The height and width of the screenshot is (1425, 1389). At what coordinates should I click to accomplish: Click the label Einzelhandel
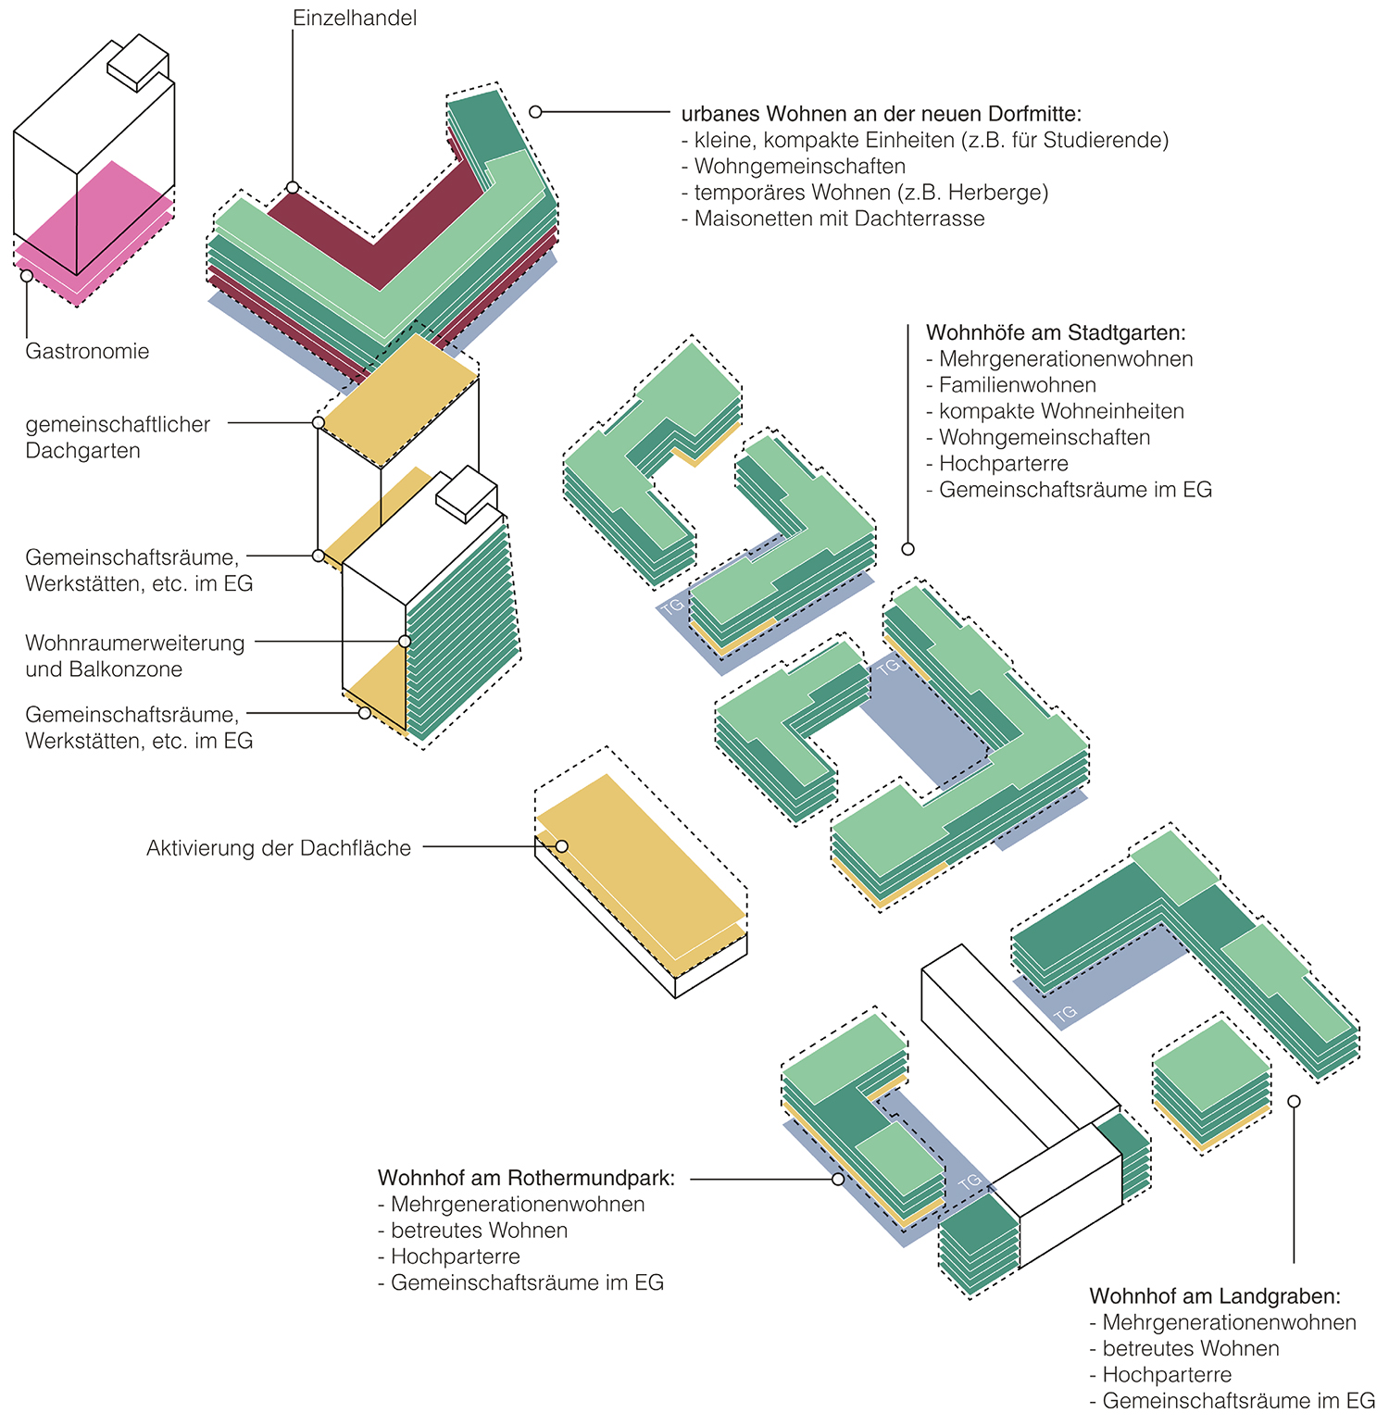(355, 19)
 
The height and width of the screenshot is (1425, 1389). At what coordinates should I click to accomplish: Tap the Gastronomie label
(87, 352)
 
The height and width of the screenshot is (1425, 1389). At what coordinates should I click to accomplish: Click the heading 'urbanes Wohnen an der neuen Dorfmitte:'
(881, 114)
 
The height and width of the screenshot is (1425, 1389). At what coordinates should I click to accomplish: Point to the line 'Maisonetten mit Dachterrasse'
(839, 219)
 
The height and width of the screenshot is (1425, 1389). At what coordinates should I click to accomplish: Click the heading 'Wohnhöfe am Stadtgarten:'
(1056, 332)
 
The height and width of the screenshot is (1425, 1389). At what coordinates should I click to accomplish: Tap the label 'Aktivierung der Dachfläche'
(279, 848)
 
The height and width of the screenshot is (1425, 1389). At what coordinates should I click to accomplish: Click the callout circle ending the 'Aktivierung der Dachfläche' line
(561, 846)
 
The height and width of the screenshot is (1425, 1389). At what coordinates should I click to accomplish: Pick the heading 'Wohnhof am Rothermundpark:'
(526, 1179)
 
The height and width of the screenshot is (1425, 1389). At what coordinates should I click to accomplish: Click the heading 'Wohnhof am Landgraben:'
(1215, 1296)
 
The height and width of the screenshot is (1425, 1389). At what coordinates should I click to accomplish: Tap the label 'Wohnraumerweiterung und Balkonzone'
(135, 656)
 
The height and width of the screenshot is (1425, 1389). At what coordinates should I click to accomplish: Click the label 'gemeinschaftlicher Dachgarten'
(118, 438)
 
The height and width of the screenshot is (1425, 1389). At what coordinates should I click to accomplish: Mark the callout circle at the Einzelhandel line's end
(293, 188)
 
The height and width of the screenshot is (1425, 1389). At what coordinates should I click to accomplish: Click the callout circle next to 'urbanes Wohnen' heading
(535, 112)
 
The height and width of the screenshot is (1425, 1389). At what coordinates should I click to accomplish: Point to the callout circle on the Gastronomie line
(27, 276)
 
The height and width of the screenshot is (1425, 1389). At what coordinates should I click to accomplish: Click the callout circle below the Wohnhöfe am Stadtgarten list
(907, 549)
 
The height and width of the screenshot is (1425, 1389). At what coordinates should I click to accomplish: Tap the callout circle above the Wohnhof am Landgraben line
(1294, 1102)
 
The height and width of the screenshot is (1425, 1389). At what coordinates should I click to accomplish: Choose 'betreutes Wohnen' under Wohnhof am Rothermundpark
(479, 1231)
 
